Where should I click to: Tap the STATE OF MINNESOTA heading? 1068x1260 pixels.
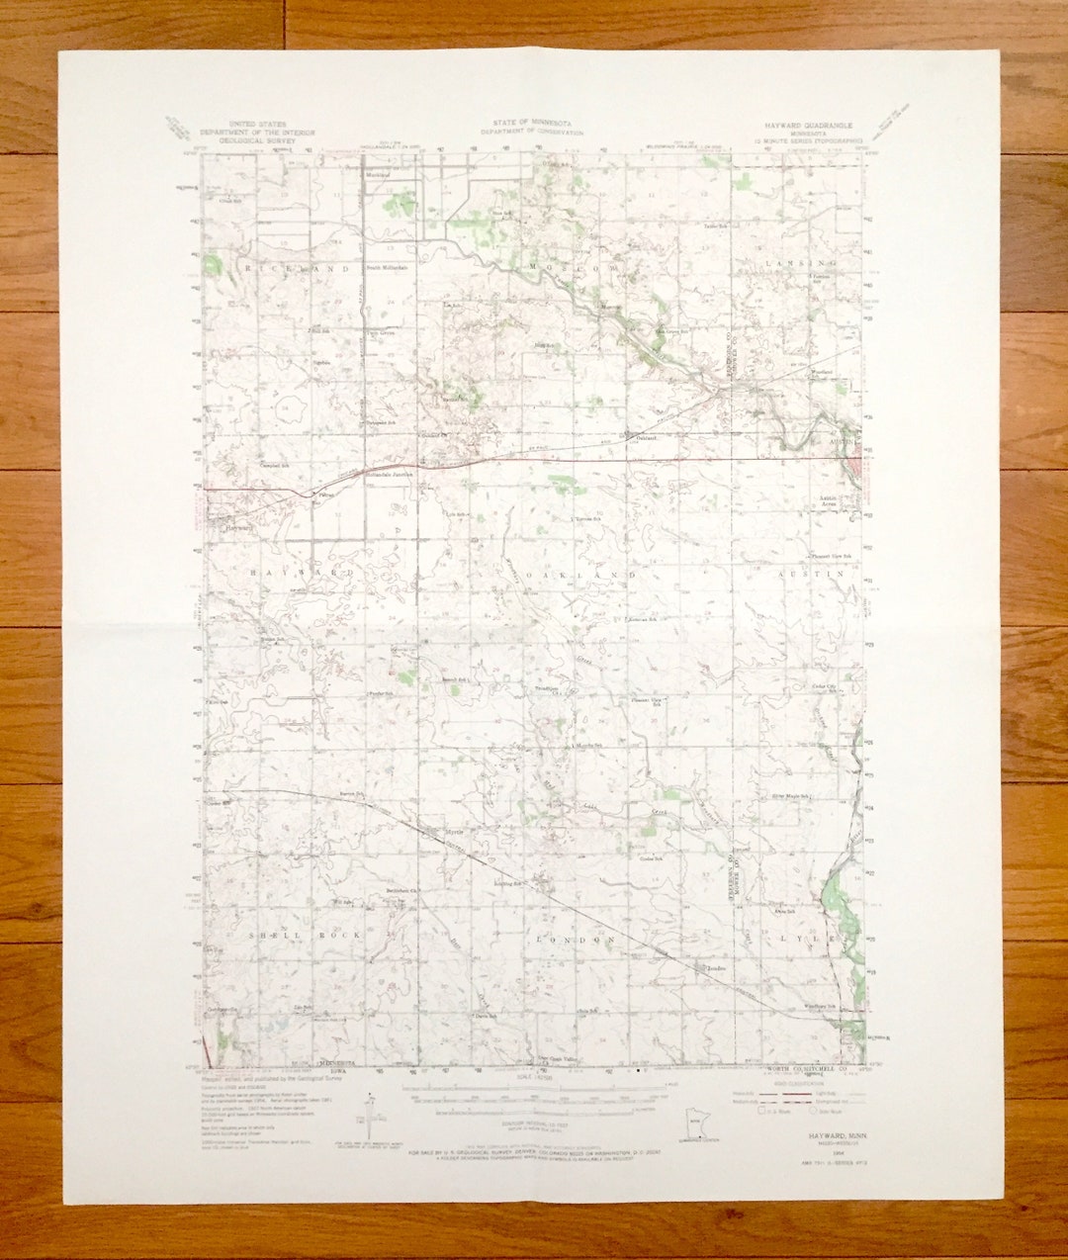click(530, 124)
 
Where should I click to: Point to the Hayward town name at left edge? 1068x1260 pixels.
click(239, 528)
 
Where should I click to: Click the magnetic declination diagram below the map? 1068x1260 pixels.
click(369, 1112)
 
